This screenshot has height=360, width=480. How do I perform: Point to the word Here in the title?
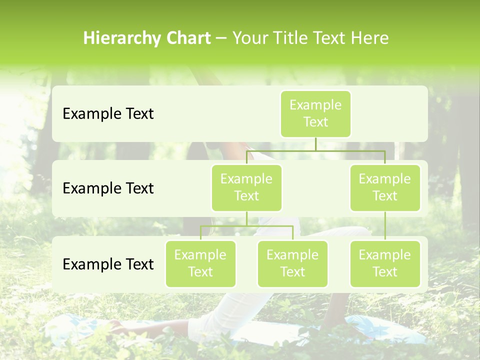[369, 38]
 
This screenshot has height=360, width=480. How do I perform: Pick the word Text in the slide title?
[329, 38]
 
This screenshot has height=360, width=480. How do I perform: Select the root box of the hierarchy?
[315, 113]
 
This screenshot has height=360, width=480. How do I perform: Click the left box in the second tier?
[246, 187]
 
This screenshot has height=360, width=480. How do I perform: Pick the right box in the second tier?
[385, 187]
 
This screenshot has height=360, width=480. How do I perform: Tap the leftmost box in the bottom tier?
[200, 263]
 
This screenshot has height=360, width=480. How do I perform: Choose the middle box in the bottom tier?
[292, 263]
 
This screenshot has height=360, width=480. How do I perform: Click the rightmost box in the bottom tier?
[385, 263]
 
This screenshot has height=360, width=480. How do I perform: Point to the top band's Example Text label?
[108, 114]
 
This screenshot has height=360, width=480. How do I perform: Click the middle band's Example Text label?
[108, 188]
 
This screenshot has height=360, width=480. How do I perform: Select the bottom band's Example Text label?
[108, 264]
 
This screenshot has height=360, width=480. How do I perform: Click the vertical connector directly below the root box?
[315, 144]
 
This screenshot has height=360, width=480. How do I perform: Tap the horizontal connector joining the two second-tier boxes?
[315, 150]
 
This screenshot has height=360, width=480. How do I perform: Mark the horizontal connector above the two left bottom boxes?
[246, 226]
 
